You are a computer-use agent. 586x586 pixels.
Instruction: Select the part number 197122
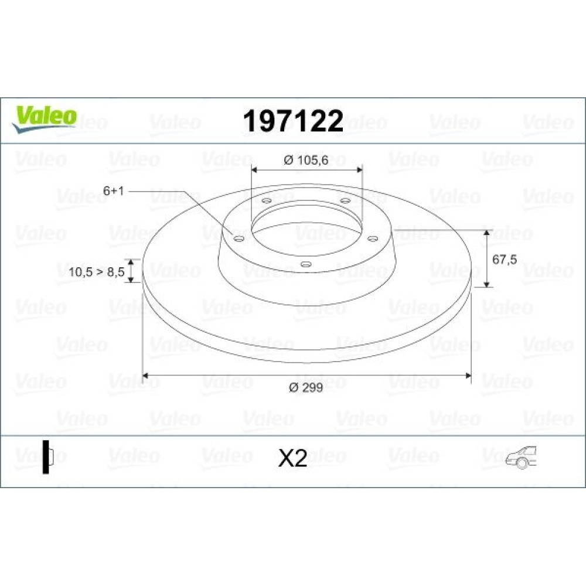click(x=293, y=121)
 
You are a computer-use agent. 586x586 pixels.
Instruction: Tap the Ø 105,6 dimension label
click(x=306, y=160)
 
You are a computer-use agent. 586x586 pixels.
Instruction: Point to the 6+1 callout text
click(x=113, y=191)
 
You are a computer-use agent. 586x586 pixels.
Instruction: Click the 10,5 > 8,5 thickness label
click(x=97, y=272)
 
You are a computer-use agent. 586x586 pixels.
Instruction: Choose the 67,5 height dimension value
click(x=505, y=259)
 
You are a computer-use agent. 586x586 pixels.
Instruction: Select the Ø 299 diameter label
click(x=306, y=387)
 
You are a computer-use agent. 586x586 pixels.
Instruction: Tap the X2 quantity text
click(x=292, y=458)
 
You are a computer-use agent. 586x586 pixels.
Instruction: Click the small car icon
click(x=521, y=457)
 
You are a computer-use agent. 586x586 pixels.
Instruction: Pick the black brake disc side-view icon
click(x=47, y=457)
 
